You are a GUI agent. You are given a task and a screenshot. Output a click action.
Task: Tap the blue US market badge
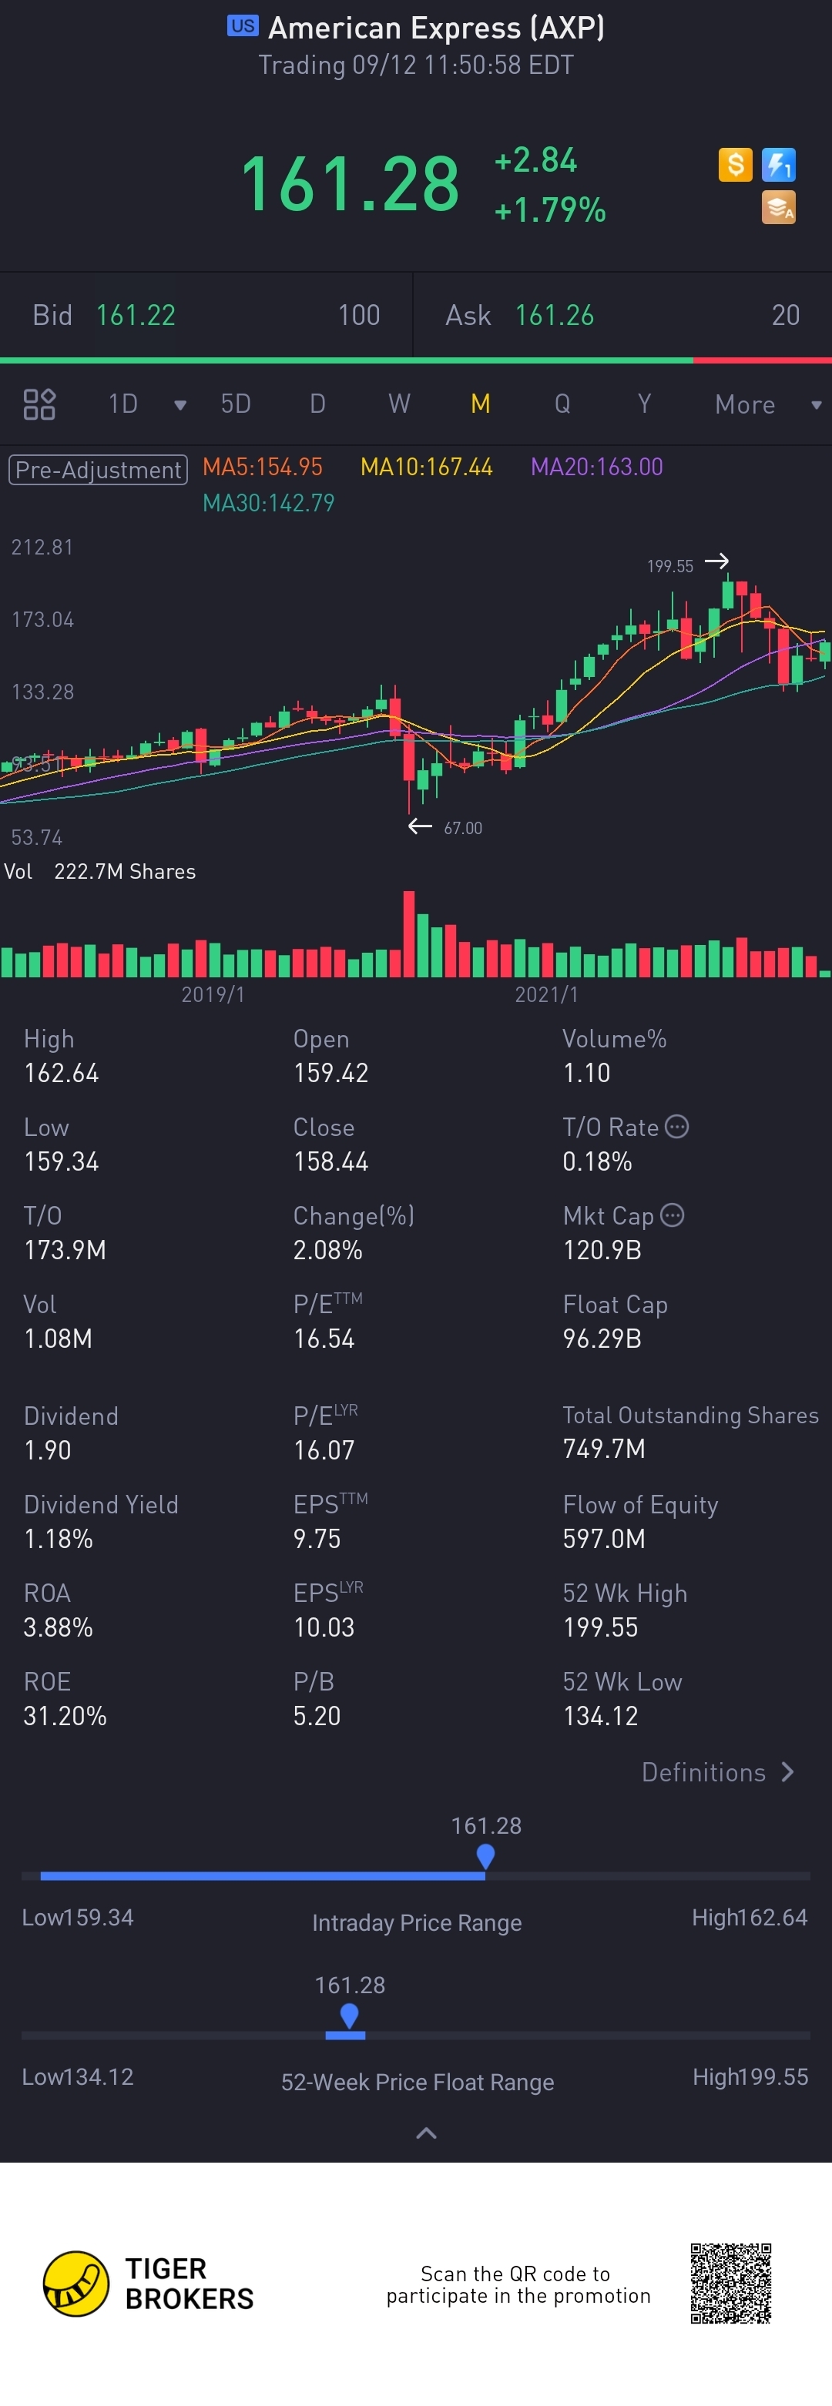coord(242,26)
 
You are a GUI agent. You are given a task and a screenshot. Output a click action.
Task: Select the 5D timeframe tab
coord(235,404)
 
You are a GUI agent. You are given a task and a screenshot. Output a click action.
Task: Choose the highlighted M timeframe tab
coord(480,404)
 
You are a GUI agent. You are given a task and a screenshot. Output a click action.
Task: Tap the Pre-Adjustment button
coord(98,469)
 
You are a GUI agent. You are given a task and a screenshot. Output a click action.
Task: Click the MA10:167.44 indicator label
coord(426,467)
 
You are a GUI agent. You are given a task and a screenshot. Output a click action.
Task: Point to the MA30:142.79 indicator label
coord(268,504)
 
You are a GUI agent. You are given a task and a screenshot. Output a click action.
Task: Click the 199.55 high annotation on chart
coord(669,566)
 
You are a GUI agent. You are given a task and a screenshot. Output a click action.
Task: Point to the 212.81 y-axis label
coord(42,548)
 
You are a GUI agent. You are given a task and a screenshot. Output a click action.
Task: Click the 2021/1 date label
coord(546,995)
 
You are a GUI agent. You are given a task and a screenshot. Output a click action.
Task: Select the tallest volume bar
coord(408,933)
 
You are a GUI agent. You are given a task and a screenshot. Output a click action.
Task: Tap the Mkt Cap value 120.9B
coord(602,1251)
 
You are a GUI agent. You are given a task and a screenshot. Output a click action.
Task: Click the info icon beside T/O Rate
coord(677,1127)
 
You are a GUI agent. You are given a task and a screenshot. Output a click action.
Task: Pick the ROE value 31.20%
coord(65,1716)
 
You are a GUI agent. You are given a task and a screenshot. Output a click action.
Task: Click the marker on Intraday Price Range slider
coord(485,1856)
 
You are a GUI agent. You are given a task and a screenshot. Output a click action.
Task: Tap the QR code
coord(730,2283)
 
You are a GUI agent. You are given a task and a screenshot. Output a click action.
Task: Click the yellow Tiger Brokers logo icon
coord(76,2284)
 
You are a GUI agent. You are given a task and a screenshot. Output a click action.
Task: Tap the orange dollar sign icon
coord(735,164)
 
